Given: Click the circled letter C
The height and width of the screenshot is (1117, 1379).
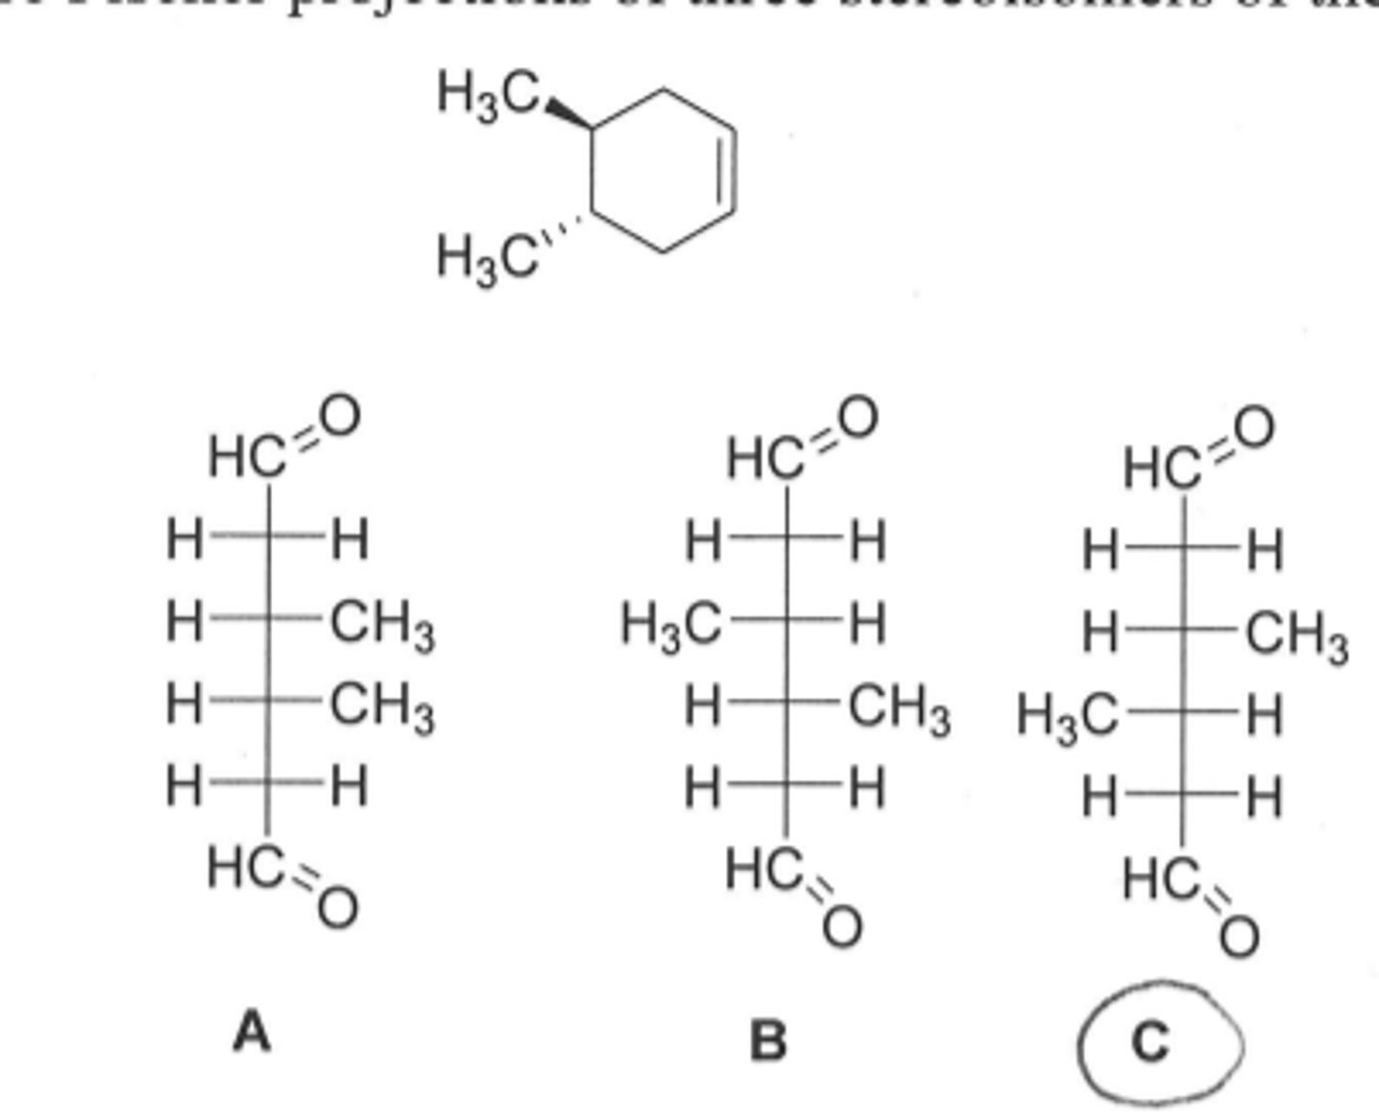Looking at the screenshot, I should point(1152,1041).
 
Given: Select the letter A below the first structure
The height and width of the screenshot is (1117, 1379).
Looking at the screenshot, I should point(252,1033).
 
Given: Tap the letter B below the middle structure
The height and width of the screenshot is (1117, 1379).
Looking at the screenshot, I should point(768,1039).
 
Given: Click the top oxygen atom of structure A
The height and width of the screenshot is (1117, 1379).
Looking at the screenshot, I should point(339,416).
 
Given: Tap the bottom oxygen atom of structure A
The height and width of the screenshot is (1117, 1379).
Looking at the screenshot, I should point(337,906).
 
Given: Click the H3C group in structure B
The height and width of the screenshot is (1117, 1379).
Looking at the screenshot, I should point(670,627).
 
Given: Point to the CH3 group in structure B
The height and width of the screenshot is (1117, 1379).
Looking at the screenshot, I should point(899,710).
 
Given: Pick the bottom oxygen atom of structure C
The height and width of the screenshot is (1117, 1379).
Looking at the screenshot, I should point(1238,936).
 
